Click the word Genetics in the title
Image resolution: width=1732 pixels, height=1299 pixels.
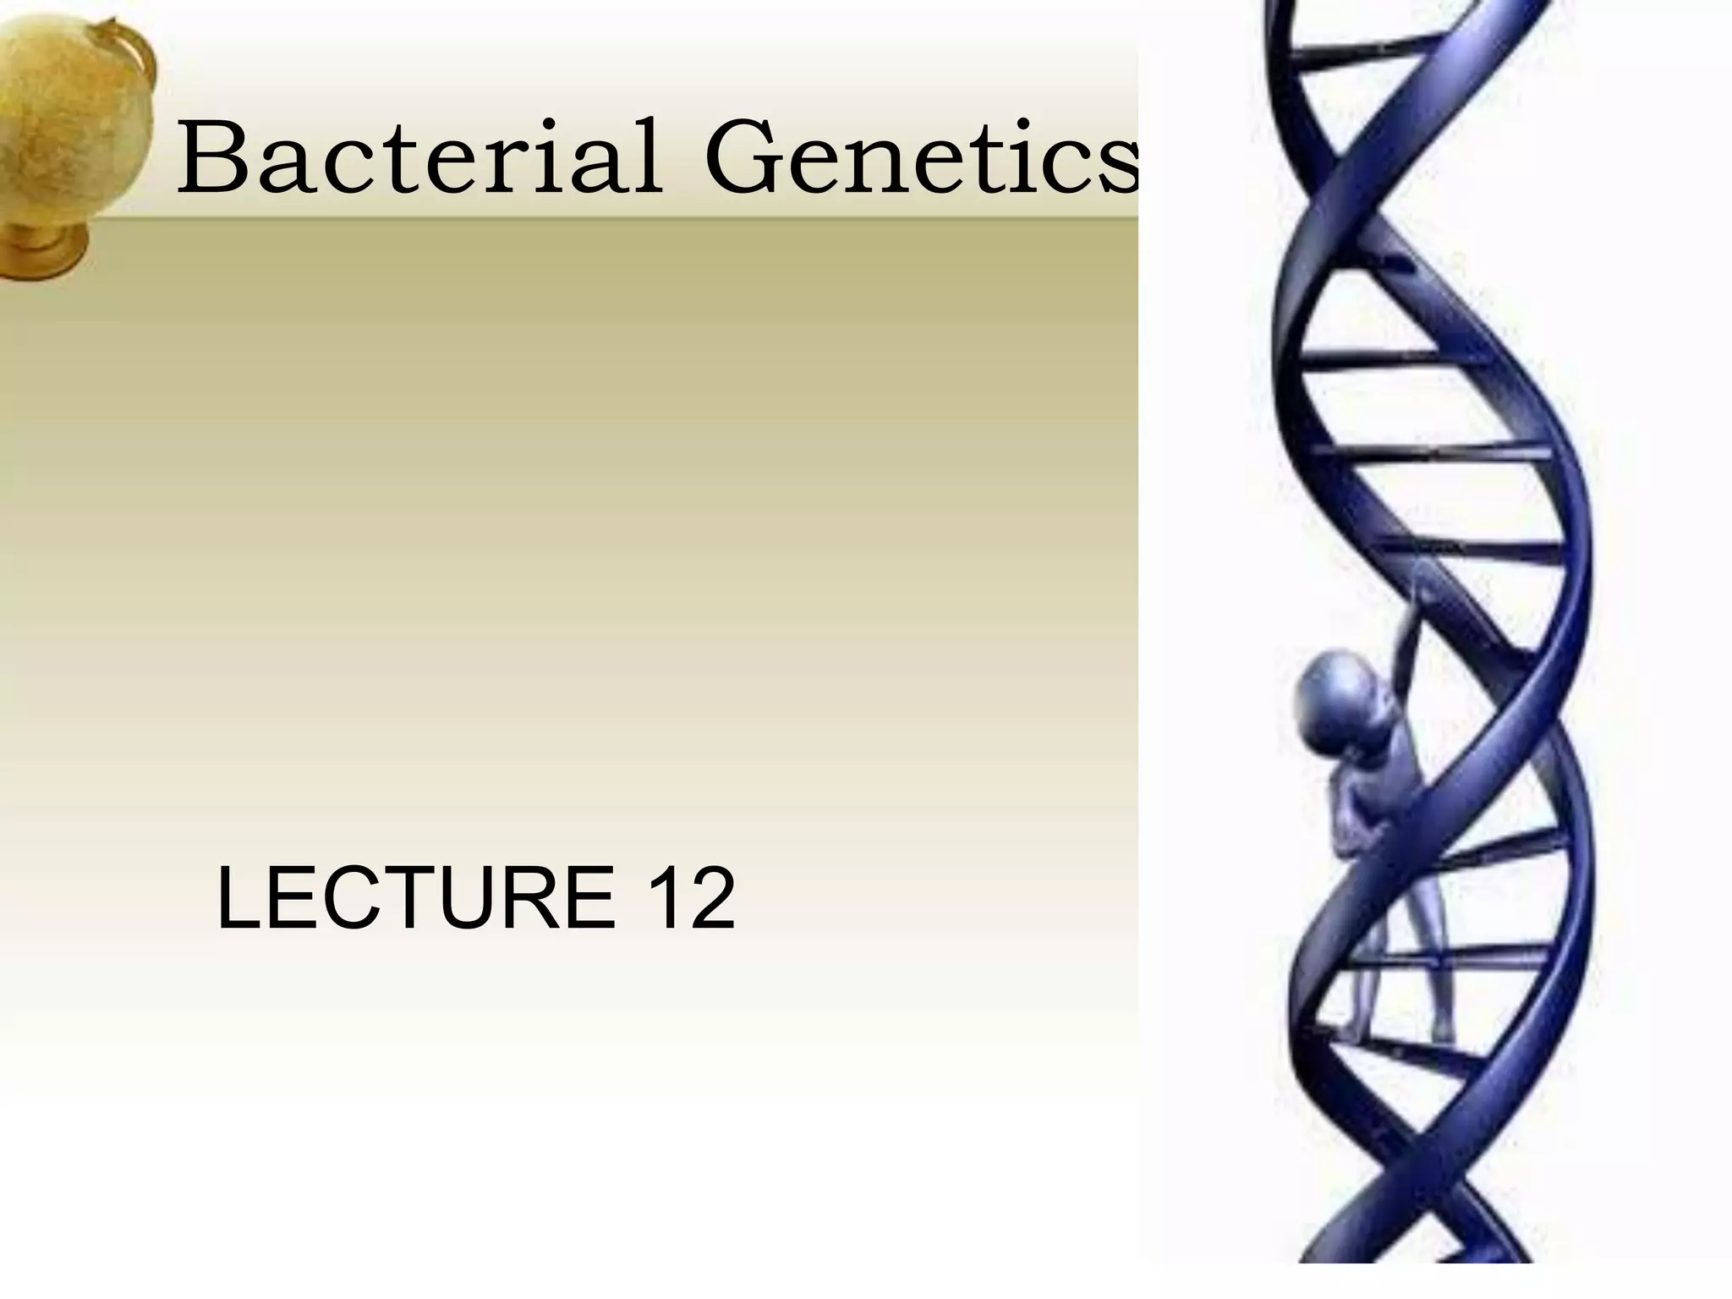[x=922, y=157]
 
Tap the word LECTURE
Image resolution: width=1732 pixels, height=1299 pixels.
[x=415, y=897]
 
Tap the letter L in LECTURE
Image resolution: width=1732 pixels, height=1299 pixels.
[x=241, y=897]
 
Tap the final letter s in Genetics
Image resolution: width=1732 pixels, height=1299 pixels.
[x=1116, y=165]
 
